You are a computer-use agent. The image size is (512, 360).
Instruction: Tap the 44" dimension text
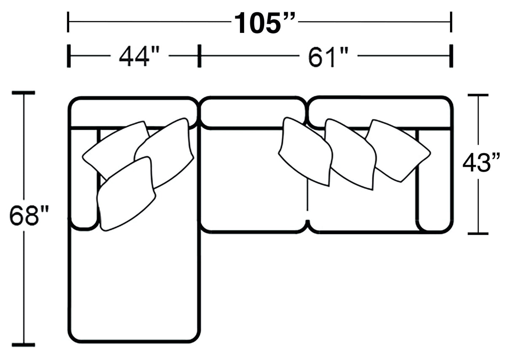[134, 56]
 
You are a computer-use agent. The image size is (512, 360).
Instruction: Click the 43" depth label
[481, 162]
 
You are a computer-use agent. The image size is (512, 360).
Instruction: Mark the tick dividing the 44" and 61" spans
[199, 56]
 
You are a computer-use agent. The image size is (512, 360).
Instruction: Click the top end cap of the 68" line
[23, 92]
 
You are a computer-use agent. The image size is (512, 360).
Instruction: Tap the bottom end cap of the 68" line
[23, 344]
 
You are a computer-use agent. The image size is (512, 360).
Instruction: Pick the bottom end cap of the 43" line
[478, 233]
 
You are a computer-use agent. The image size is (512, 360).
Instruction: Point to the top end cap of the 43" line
[478, 95]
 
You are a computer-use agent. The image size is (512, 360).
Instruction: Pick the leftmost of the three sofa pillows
[305, 151]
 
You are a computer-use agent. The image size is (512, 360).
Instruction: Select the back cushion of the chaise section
[133, 111]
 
